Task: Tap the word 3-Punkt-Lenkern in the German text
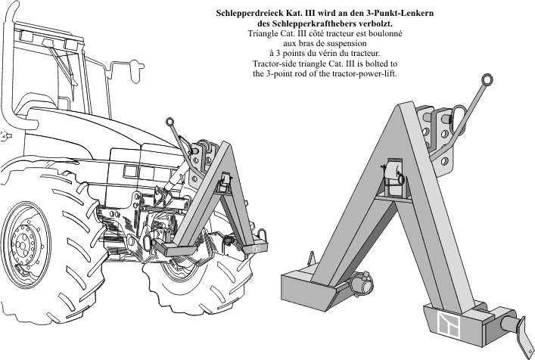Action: [396, 14]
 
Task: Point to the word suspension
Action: [353, 44]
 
